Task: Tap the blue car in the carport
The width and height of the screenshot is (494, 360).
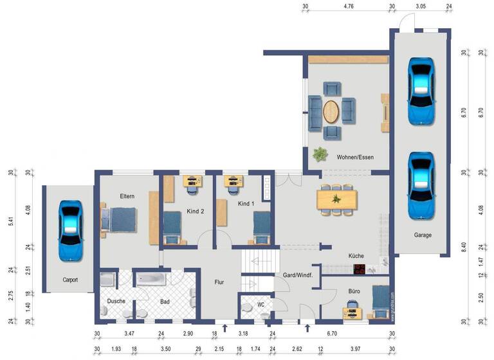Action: click(x=69, y=230)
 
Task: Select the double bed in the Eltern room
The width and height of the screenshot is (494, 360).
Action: click(x=120, y=219)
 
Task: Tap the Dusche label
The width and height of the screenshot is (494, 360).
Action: click(x=116, y=300)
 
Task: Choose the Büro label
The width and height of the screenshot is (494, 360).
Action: click(x=354, y=291)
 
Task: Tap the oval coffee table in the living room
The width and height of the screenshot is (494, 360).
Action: click(x=332, y=112)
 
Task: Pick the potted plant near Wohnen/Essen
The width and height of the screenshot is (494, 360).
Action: click(x=319, y=154)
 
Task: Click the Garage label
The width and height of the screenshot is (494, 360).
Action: click(x=422, y=235)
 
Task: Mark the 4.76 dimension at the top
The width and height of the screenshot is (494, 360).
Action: click(x=349, y=6)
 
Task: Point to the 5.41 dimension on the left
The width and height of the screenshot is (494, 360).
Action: click(x=11, y=220)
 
